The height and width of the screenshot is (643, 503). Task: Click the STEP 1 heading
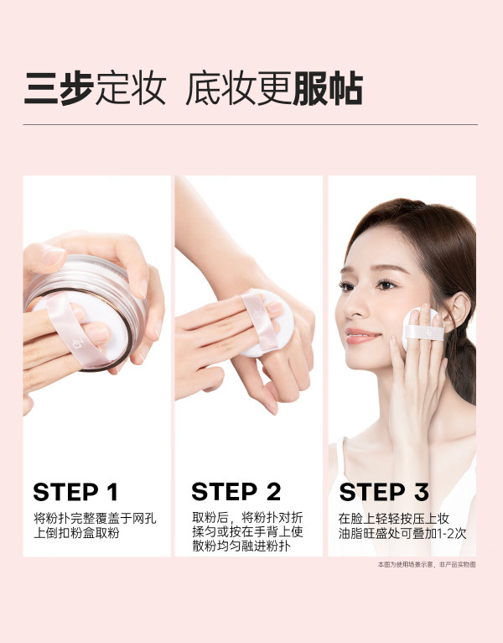tap(75, 492)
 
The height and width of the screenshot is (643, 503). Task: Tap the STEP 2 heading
tap(236, 491)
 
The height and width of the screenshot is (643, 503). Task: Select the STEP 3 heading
tap(384, 492)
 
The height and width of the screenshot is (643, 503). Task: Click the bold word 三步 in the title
tap(59, 89)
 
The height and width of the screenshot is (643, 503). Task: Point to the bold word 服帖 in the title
tap(328, 89)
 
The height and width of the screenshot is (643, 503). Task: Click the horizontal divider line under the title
tap(251, 124)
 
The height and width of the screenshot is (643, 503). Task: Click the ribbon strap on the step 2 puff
tap(259, 321)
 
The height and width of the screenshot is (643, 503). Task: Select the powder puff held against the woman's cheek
tap(423, 329)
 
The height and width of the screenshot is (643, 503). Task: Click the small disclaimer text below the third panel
tap(427, 565)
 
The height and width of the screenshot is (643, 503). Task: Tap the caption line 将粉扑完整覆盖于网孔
tap(95, 518)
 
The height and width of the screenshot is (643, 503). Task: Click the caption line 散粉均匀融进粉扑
tap(241, 546)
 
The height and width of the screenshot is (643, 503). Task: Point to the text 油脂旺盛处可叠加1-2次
tap(402, 533)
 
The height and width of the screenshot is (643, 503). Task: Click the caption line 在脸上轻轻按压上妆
tap(394, 518)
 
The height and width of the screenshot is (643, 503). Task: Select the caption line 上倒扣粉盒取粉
tap(76, 533)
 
